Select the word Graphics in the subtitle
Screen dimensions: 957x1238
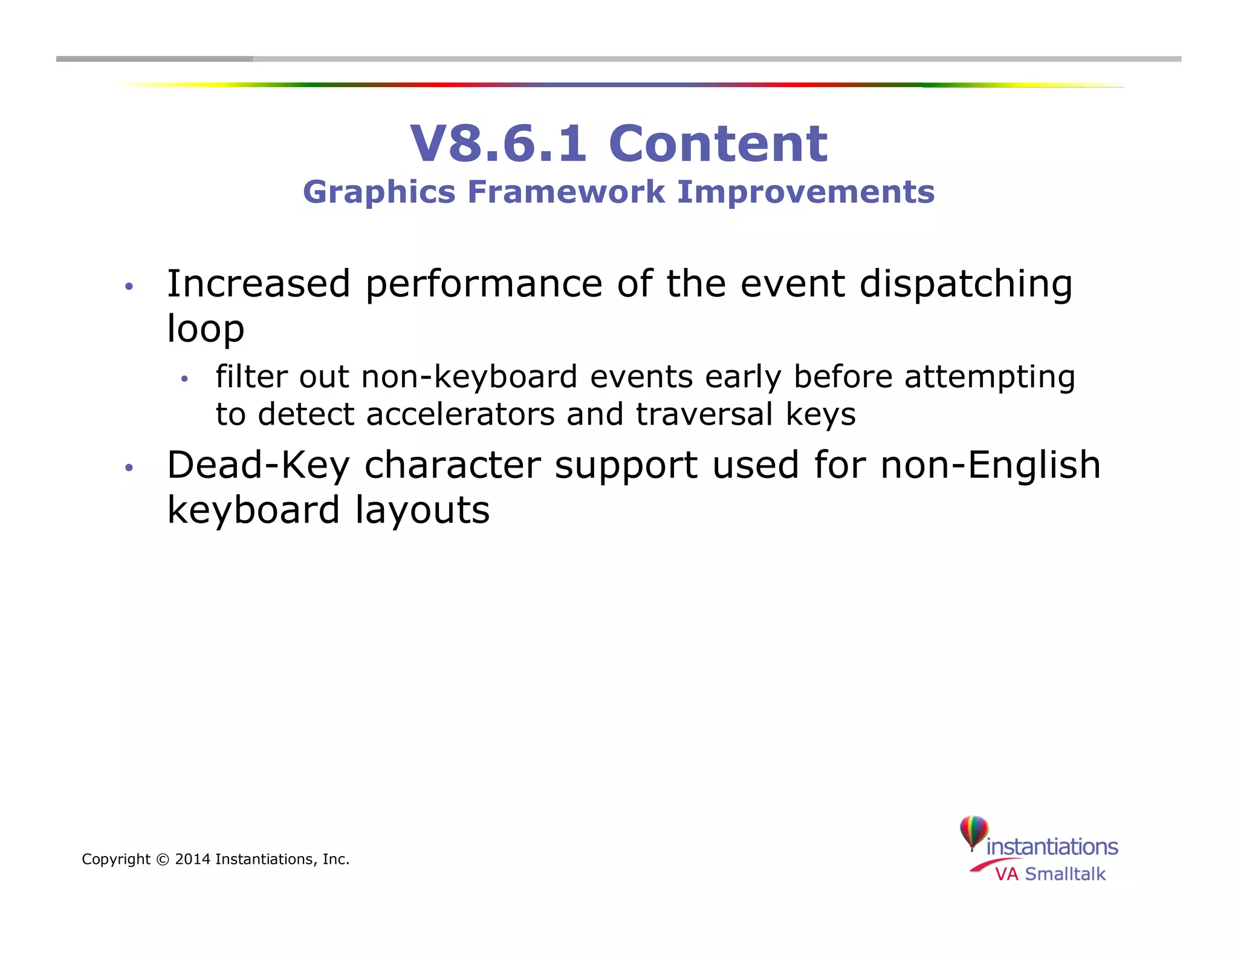379,193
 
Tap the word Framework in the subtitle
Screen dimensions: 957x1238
566,192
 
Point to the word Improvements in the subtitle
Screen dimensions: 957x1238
806,193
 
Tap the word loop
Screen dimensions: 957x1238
206,330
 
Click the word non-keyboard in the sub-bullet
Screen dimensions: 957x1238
469,377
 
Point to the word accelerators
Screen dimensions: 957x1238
461,414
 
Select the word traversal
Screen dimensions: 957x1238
704,414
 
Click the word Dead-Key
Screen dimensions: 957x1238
259,466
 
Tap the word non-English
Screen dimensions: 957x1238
990,466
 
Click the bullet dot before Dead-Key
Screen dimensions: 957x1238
128,468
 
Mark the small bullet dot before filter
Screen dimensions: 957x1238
184,379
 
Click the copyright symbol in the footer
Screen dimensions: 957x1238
163,859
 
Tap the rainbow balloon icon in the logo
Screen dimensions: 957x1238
974,832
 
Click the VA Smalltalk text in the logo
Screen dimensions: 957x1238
1050,874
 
